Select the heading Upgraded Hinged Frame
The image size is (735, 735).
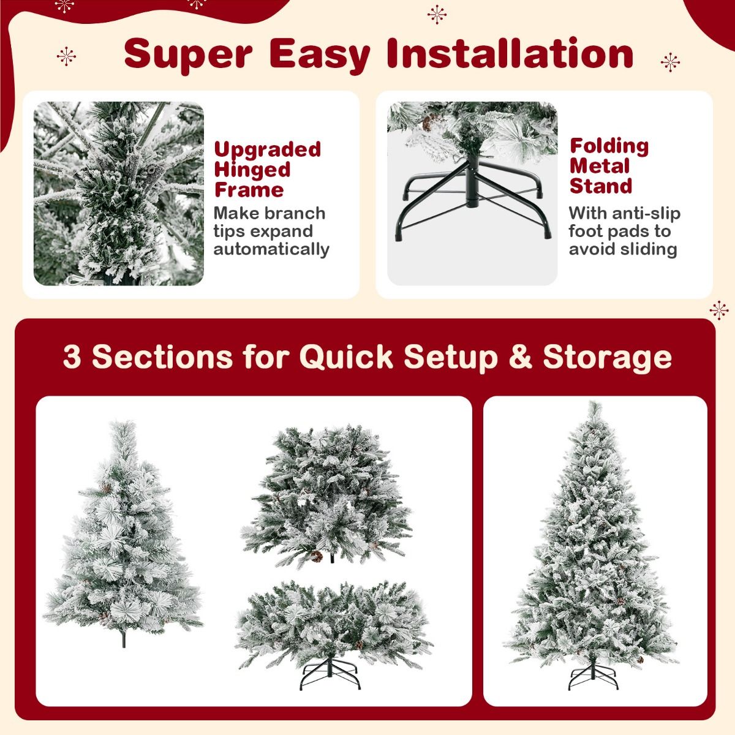(x=266, y=170)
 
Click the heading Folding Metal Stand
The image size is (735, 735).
(x=609, y=166)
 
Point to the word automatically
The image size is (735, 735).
(x=271, y=249)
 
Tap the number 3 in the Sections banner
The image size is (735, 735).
(x=72, y=356)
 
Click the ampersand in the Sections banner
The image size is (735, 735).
(x=520, y=356)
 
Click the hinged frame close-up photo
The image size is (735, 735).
(x=118, y=194)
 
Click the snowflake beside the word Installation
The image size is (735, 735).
(x=670, y=61)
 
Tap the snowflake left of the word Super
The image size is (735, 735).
(x=66, y=57)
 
